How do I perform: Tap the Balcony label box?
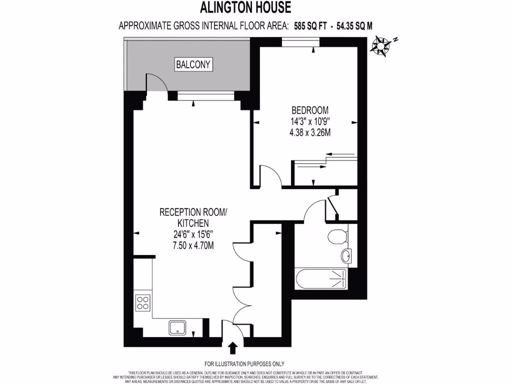(x=194, y=64)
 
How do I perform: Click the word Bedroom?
(x=310, y=110)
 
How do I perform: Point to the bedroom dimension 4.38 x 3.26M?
(x=310, y=132)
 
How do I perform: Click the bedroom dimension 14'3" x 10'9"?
(x=310, y=121)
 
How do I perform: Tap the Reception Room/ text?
(x=193, y=212)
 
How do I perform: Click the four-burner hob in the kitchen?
(x=143, y=302)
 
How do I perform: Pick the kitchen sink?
(x=178, y=327)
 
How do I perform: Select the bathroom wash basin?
(x=346, y=256)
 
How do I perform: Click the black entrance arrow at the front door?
(x=233, y=348)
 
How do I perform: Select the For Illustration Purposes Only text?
(x=244, y=364)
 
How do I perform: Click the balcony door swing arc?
(x=156, y=82)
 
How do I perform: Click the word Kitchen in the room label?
(x=193, y=223)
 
